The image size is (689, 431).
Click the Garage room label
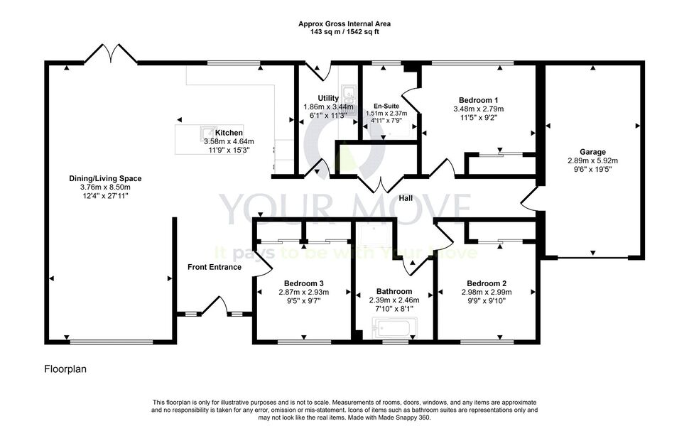(592, 152)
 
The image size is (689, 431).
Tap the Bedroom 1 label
(479, 100)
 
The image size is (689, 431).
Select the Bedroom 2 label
(487, 283)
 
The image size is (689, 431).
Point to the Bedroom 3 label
(303, 283)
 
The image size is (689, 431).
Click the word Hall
(406, 199)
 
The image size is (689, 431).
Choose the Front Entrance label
(215, 267)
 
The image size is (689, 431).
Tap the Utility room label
(328, 98)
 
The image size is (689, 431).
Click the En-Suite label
(386, 107)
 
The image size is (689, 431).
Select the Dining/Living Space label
(105, 178)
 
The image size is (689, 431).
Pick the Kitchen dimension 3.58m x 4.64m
(229, 141)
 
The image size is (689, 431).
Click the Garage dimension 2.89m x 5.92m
(592, 160)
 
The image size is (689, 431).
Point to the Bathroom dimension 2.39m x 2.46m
(394, 300)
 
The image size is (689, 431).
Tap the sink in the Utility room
(349, 93)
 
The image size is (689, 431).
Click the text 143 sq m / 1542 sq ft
(344, 32)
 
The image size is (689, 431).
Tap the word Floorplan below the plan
(65, 369)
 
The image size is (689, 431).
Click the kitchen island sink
(207, 132)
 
